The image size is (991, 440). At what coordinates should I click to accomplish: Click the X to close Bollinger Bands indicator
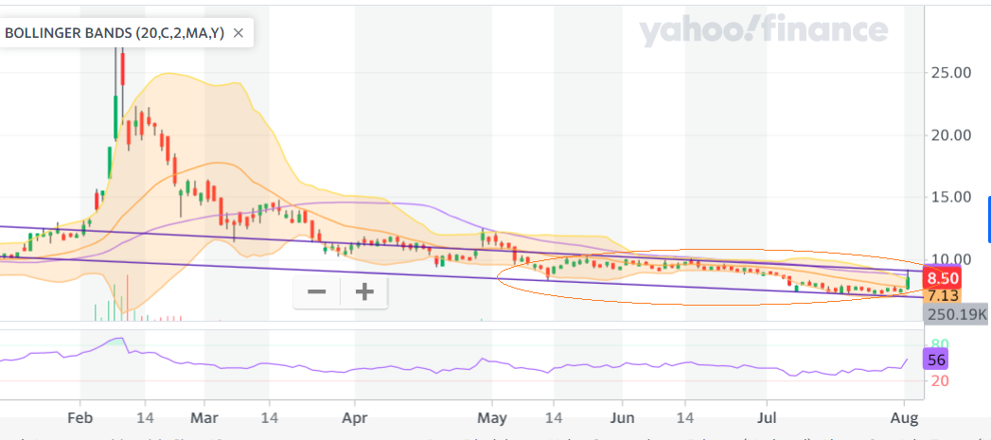[x=239, y=33]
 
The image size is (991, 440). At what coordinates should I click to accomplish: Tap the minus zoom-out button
[x=317, y=291]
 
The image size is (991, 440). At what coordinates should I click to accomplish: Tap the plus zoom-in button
[x=364, y=291]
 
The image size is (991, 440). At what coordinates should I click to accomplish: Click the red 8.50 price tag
[x=944, y=278]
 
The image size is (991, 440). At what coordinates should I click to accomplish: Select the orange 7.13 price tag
[x=944, y=296]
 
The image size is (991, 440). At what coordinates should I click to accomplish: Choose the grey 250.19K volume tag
[x=956, y=313]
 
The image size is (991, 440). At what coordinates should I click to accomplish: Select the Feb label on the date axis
[x=80, y=417]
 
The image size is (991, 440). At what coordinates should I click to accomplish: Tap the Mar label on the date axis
[x=204, y=417]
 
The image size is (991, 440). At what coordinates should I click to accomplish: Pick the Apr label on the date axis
[x=354, y=417]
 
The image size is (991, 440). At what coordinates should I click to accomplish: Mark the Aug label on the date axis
[x=905, y=417]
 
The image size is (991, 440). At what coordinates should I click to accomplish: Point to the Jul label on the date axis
[x=768, y=417]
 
